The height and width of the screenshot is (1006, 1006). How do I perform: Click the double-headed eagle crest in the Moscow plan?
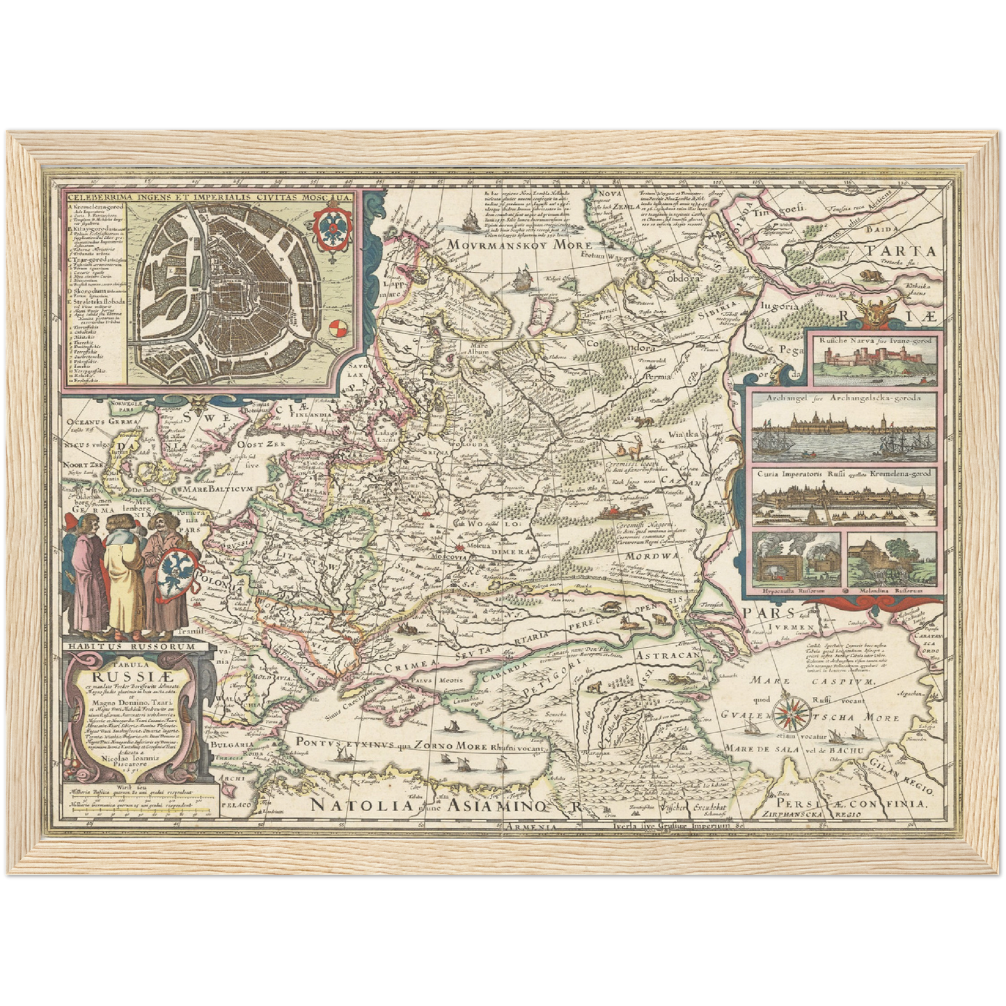coord(331,230)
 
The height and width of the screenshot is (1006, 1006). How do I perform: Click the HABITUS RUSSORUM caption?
coord(129,645)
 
